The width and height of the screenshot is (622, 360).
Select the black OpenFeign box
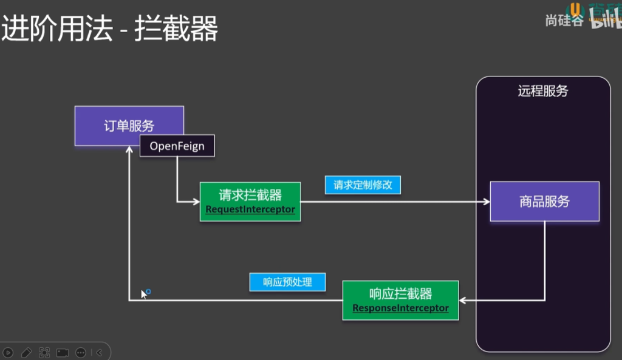177,146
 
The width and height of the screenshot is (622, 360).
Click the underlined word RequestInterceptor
250,209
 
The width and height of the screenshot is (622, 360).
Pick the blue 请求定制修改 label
363,185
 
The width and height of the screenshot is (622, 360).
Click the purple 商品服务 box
544,201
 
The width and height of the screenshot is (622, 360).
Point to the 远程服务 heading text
543,92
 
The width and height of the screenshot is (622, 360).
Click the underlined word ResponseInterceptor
400,308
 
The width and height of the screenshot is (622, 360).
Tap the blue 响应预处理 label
287,282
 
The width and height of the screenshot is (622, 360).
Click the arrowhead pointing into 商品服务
486,202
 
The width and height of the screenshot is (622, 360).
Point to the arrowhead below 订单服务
129,150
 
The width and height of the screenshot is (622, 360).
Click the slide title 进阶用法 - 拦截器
110,29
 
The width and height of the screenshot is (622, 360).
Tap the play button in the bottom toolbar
9,352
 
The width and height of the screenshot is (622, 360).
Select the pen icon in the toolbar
26,352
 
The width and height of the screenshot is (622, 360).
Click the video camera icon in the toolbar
63,352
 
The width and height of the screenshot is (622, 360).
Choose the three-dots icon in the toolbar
81,352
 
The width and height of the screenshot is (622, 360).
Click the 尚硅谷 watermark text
564,21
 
